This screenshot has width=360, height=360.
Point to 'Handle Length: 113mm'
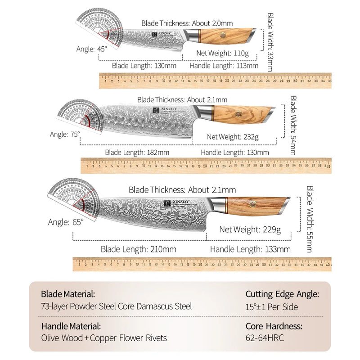[224, 66]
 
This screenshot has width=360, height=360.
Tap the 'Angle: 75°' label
[65, 134]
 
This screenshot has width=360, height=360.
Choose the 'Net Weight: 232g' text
[233, 136]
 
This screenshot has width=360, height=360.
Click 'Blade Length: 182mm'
[137, 152]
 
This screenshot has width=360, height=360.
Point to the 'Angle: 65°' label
[66, 222]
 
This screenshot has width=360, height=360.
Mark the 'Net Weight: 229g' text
[250, 229]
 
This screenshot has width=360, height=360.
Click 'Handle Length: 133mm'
[250, 249]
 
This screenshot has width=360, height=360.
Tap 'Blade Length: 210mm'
[138, 249]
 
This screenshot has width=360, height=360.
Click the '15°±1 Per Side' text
[272, 307]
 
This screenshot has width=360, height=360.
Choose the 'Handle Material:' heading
[71, 326]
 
